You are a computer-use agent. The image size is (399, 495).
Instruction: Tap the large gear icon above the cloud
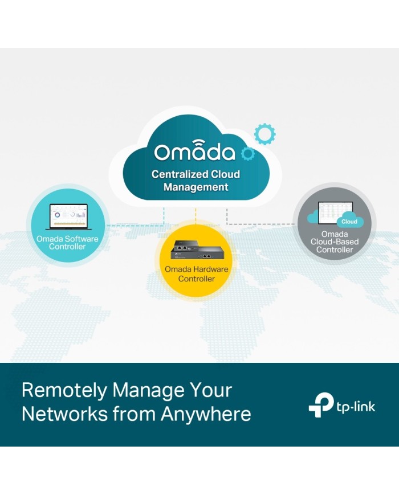click(264, 134)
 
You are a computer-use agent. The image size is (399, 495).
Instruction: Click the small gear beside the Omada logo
click(247, 154)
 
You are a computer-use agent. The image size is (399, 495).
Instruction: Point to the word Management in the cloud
click(196, 187)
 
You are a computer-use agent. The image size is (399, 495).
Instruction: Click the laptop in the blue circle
click(68, 217)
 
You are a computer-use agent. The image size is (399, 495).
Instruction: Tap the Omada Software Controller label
click(67, 243)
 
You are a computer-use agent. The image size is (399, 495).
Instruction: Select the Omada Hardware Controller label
click(196, 274)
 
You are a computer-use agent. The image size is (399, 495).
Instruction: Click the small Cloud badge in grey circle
click(349, 222)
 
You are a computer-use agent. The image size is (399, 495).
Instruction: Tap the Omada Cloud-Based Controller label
click(335, 242)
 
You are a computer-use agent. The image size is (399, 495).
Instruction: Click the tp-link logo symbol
click(321, 404)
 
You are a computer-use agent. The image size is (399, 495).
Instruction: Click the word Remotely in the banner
click(64, 391)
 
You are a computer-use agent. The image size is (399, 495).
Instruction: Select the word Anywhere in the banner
click(206, 414)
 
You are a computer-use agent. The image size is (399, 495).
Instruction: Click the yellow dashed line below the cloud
click(196, 216)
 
